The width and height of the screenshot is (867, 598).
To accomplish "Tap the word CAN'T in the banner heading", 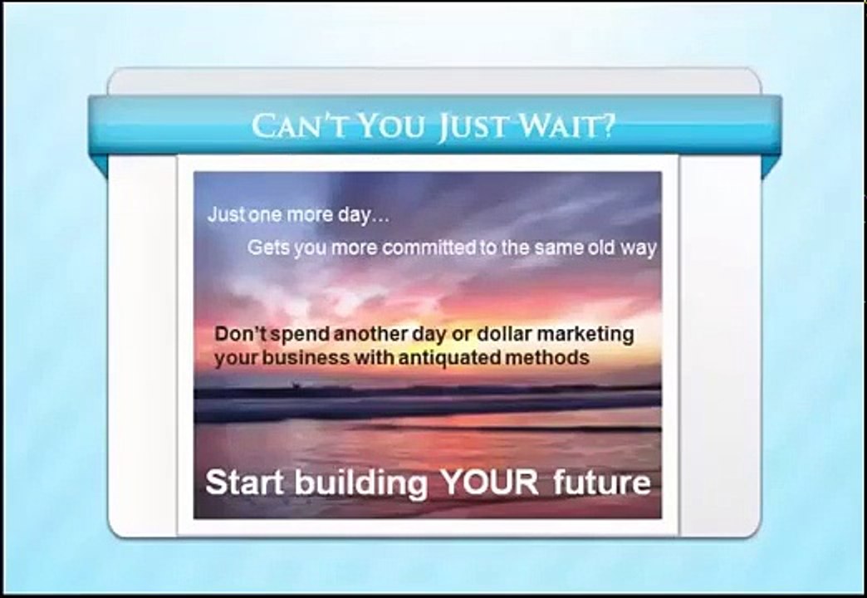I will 291,126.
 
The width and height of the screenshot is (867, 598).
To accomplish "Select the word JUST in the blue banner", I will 471,127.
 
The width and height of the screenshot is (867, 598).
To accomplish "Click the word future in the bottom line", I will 602,483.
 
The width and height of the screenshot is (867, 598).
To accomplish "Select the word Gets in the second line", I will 265,248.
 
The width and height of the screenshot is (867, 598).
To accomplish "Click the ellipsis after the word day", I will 380,215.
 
